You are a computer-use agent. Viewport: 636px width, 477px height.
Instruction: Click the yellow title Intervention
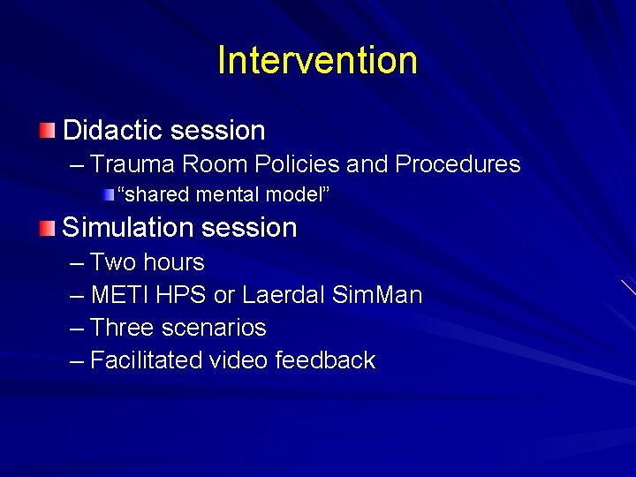[x=317, y=61]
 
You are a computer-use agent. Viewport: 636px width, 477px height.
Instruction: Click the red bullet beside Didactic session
[x=46, y=132]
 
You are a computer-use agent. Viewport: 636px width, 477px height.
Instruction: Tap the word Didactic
[x=111, y=131]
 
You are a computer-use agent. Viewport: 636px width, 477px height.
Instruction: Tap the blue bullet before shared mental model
[x=108, y=194]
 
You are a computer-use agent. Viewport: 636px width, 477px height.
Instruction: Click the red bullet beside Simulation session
[x=46, y=229]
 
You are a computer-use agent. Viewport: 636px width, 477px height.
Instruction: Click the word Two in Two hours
[x=113, y=262]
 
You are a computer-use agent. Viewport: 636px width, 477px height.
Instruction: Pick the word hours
[x=173, y=262]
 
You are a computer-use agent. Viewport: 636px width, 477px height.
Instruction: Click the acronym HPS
[x=182, y=295]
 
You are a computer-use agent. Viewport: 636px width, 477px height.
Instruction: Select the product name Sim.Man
[x=377, y=295]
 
